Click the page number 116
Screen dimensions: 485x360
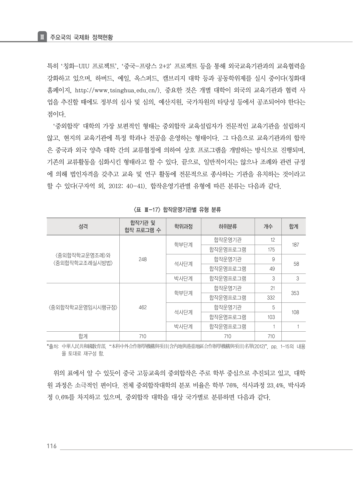tap(51, 446)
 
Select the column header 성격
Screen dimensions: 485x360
tap(83, 226)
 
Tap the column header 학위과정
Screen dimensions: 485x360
tap(183, 226)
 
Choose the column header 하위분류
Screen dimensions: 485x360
tap(228, 226)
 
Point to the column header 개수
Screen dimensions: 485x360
tap(268, 226)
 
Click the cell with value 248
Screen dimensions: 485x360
tap(143, 259)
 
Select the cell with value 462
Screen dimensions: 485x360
tap(143, 307)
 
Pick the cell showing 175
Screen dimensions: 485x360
tap(271, 249)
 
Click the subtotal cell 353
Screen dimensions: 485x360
tap(295, 293)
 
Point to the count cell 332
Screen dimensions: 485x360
tap(271, 298)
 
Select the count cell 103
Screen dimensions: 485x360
tap(271, 317)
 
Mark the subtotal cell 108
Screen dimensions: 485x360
tap(295, 312)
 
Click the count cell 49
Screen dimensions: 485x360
tap(272, 269)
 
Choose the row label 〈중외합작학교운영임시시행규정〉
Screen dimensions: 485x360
tap(83, 307)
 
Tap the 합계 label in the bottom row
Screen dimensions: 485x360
tap(83, 336)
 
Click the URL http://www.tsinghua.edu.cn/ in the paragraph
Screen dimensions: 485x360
tap(117, 90)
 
